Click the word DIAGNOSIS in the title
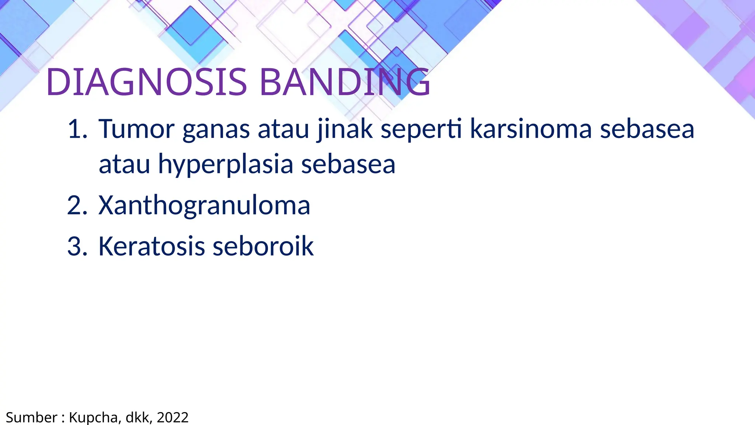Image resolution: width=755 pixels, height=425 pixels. [x=146, y=83]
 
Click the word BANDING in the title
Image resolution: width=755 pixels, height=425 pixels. [x=345, y=83]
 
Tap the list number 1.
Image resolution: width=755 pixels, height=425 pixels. [x=77, y=129]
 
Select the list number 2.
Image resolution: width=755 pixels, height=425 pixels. [x=77, y=205]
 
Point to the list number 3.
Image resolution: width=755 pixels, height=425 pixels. [x=77, y=246]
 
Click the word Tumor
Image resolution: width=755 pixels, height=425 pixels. [x=136, y=129]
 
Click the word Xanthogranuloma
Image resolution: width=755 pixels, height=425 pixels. [x=204, y=205]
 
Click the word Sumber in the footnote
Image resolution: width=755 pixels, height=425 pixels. [x=31, y=418]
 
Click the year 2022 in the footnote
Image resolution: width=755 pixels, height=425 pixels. [x=173, y=418]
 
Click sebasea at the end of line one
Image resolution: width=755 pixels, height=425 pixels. [x=647, y=129]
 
